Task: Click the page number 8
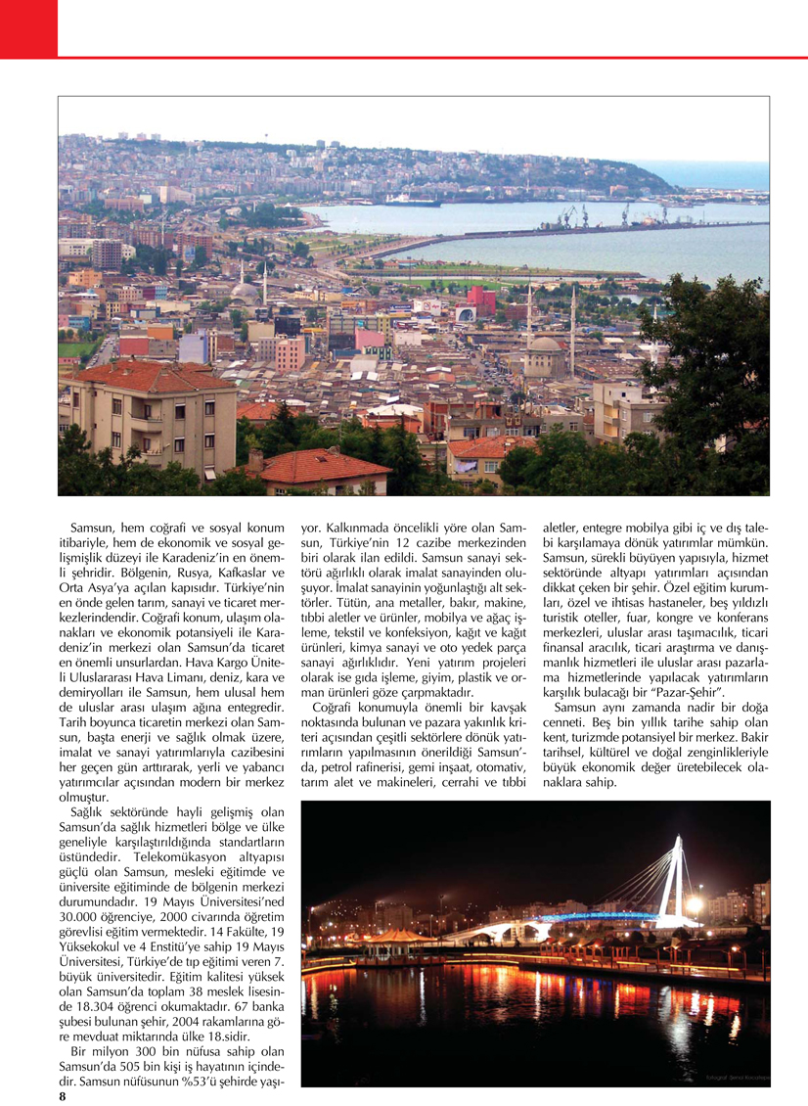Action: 62,1096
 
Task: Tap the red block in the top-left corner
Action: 28,27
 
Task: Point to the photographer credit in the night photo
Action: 732,1078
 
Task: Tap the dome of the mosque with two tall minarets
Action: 546,345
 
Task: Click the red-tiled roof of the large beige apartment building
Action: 147,375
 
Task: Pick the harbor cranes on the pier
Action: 587,215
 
